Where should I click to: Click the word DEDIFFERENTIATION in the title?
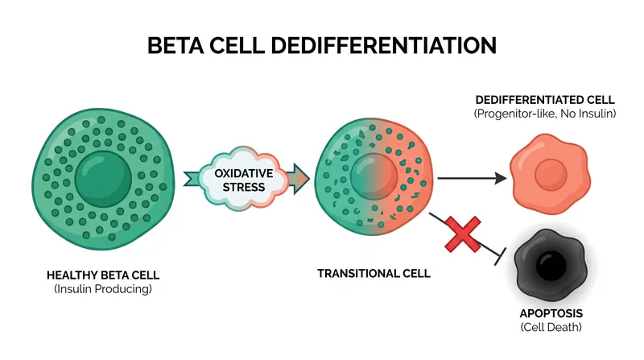click(384, 45)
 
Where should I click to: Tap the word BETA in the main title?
click(175, 45)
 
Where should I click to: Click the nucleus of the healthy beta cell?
click(103, 179)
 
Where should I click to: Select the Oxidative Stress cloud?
click(244, 179)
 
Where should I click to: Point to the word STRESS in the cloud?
click(244, 188)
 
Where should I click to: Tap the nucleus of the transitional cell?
click(374, 176)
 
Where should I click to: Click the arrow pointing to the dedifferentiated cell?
click(473, 178)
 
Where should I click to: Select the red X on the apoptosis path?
click(463, 234)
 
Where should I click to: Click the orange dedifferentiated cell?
click(551, 174)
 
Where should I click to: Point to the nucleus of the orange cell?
click(551, 175)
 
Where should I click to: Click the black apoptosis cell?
click(551, 265)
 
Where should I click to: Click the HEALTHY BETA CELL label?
click(103, 275)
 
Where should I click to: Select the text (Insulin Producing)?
click(103, 289)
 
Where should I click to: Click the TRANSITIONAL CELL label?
click(374, 274)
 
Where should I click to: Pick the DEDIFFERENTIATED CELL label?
click(545, 100)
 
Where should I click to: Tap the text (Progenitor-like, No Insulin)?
click(545, 114)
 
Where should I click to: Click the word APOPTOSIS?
click(551, 313)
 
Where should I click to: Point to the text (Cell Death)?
click(551, 327)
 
